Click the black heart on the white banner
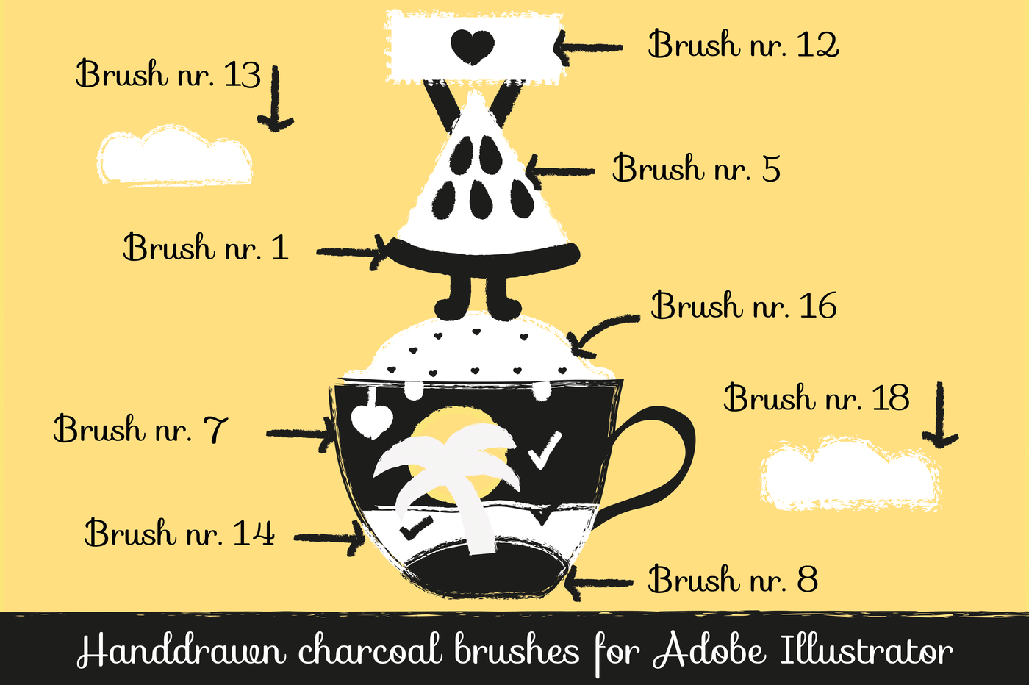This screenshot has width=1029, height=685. tap(472, 46)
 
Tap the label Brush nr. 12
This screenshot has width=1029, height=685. tap(742, 45)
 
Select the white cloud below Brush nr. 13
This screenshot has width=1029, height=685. tap(175, 157)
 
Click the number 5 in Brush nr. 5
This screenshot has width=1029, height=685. tap(770, 169)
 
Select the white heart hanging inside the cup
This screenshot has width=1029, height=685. tap(371, 420)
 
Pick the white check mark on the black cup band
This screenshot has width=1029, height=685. tap(544, 450)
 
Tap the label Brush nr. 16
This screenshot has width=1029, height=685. tap(743, 306)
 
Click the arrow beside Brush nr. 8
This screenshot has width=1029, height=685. tap(599, 584)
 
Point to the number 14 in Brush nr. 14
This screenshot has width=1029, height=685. tap(253, 533)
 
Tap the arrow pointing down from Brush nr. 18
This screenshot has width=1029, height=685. tap(940, 415)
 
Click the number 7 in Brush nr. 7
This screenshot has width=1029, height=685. tap(216, 429)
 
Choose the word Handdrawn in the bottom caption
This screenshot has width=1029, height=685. tap(181, 650)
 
